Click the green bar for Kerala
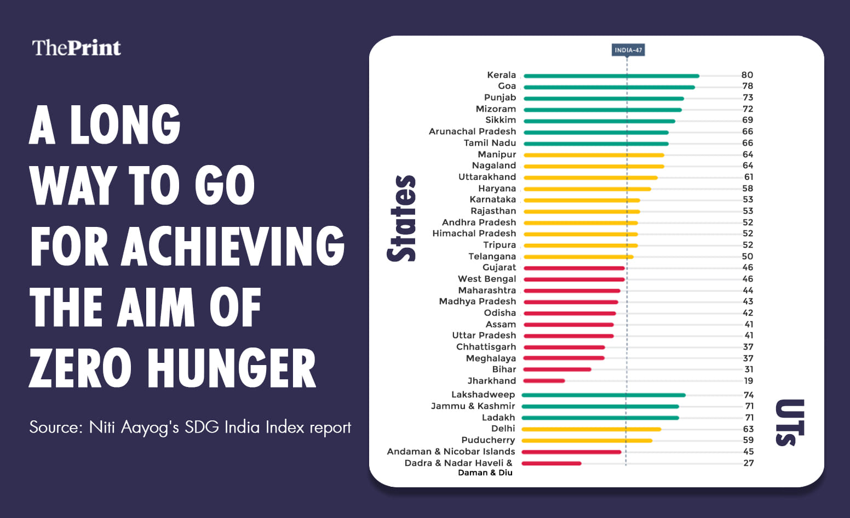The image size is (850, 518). [611, 76]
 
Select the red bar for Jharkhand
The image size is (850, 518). [544, 381]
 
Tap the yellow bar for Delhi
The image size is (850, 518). [591, 429]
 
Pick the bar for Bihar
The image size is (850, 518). [557, 369]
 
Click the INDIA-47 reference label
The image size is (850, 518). [628, 50]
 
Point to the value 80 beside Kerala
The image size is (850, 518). [747, 75]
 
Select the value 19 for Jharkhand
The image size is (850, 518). [748, 381]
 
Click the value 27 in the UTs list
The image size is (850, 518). [748, 463]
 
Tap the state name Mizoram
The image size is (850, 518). [496, 109]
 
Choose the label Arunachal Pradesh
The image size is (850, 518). [472, 132]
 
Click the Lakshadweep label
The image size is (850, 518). [483, 395]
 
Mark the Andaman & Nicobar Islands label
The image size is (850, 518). [451, 452]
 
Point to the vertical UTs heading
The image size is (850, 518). [789, 423]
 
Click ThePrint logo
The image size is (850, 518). [76, 48]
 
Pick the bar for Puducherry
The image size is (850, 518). [587, 440]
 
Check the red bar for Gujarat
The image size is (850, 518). [574, 268]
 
